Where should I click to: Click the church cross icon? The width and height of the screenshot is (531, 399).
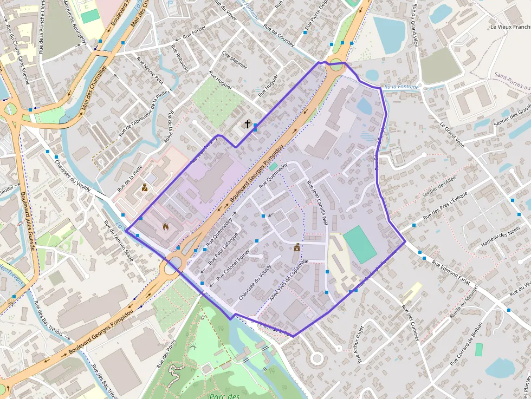point(248,124)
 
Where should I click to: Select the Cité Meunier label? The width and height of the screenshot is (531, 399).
point(235,60)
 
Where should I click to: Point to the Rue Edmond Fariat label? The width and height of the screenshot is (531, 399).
point(451,271)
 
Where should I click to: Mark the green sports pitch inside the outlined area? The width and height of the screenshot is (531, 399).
point(359,244)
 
